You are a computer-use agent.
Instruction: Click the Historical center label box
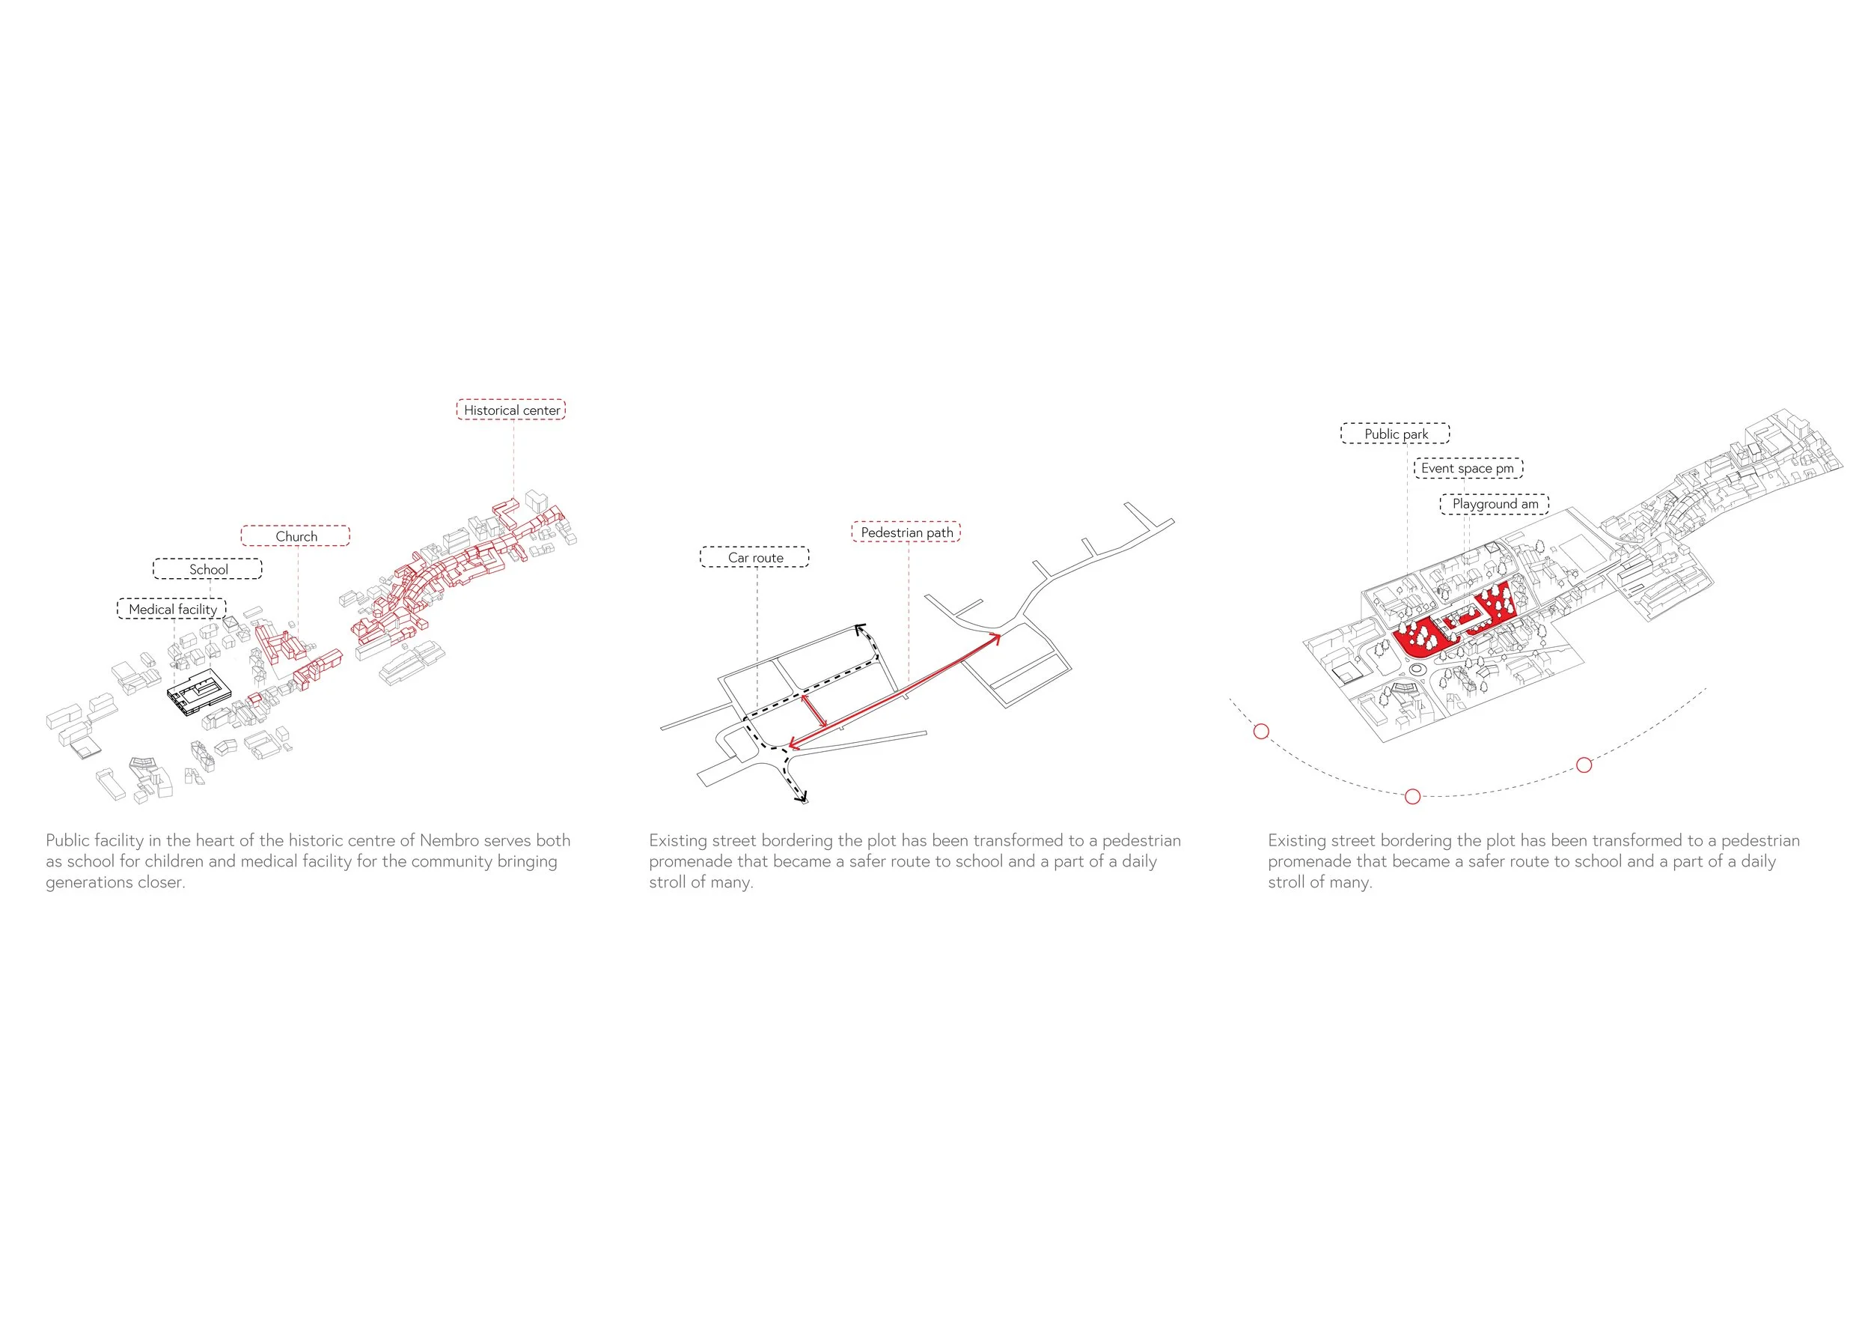click(511, 410)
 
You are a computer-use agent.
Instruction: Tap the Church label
click(295, 536)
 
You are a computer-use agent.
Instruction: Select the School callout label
click(208, 569)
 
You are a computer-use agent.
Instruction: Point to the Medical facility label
click(172, 609)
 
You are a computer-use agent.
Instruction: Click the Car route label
click(754, 558)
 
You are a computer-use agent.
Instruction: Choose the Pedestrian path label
click(906, 532)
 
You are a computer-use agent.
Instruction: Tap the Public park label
click(1395, 434)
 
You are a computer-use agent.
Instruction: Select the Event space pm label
click(1468, 468)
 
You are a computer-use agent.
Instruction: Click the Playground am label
click(1495, 504)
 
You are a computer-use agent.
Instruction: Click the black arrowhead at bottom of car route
click(803, 798)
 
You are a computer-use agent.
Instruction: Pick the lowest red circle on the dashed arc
click(1413, 797)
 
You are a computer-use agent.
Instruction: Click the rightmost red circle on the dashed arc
click(1584, 765)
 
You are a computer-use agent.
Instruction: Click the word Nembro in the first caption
click(449, 840)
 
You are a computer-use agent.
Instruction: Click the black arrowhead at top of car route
click(859, 628)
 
